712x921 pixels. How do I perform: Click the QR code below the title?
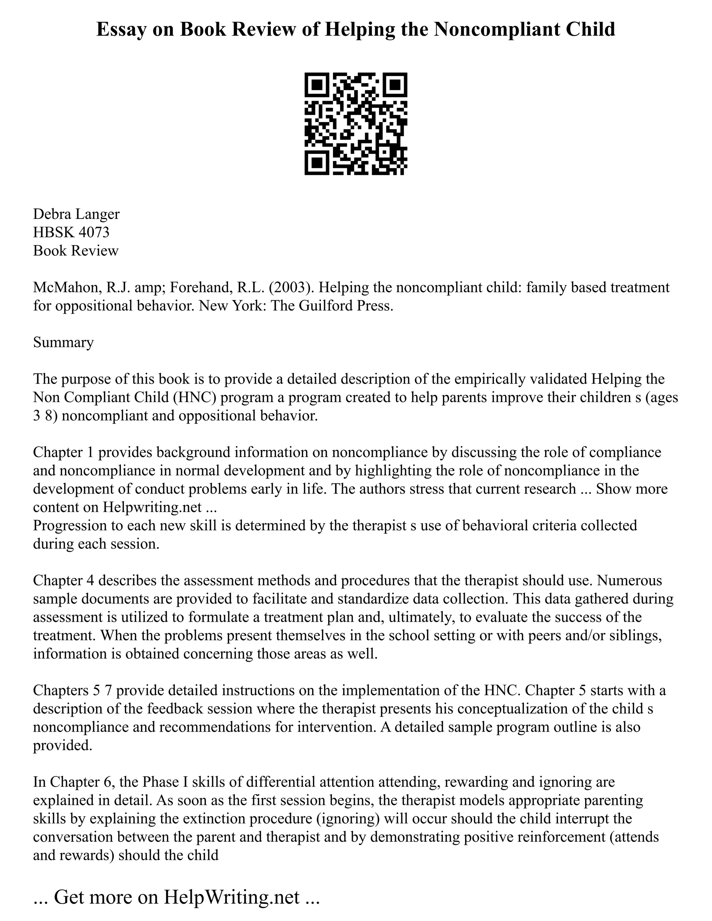click(x=356, y=124)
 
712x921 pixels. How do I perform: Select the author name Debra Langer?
click(x=76, y=214)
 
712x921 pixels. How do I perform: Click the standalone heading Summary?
click(x=63, y=342)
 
